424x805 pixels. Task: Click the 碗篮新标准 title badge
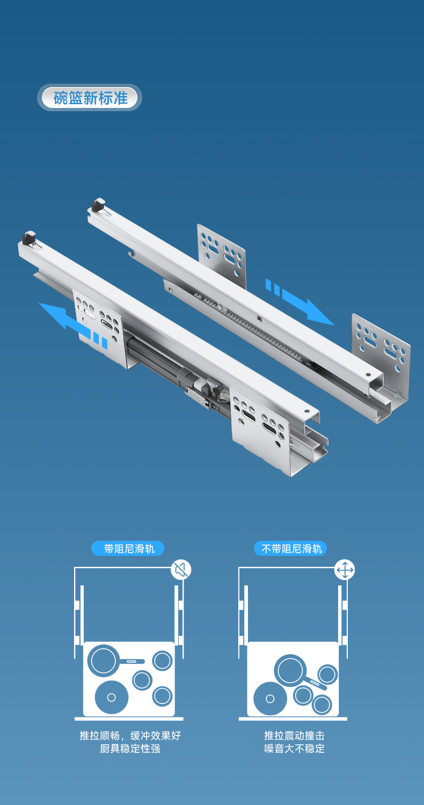(x=90, y=97)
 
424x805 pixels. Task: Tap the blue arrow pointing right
(x=300, y=302)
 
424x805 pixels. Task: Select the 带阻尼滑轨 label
(x=128, y=549)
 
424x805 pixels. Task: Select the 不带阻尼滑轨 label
(x=290, y=549)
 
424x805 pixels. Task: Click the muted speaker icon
(x=180, y=570)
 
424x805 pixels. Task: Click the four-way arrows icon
(x=345, y=570)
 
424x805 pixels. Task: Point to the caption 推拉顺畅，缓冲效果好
(x=130, y=736)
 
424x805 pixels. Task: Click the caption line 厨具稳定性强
(x=130, y=749)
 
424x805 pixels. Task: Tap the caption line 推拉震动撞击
(x=295, y=736)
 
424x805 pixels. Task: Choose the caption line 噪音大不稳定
(x=295, y=749)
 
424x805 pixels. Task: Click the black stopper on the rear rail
(x=98, y=205)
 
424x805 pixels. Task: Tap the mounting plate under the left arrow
(x=99, y=328)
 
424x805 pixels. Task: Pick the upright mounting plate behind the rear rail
(x=222, y=255)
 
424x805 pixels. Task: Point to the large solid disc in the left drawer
(x=111, y=698)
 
